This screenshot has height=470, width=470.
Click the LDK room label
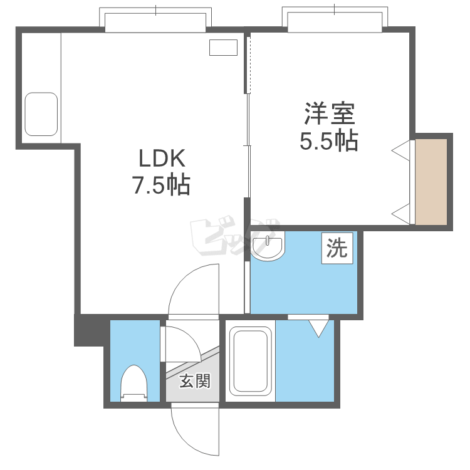click(x=162, y=159)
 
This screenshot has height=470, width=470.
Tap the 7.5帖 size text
click(x=161, y=185)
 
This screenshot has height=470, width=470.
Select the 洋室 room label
click(x=330, y=113)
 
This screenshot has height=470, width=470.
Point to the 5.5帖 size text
click(x=329, y=140)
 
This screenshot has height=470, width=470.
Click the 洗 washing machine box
click(x=337, y=248)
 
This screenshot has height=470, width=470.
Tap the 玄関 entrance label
click(x=195, y=381)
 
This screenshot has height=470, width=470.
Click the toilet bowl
click(x=134, y=383)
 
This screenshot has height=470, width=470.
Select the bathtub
click(x=248, y=361)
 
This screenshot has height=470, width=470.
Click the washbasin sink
click(x=268, y=245)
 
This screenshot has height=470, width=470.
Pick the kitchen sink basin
click(x=41, y=114)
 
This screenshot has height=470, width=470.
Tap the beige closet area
click(x=431, y=182)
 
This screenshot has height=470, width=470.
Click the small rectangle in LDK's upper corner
click(x=223, y=48)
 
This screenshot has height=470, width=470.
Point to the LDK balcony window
click(x=155, y=20)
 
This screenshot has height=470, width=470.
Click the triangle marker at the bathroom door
click(x=318, y=328)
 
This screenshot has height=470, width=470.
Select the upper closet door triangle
click(x=401, y=150)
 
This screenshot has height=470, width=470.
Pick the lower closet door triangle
click(x=401, y=214)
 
